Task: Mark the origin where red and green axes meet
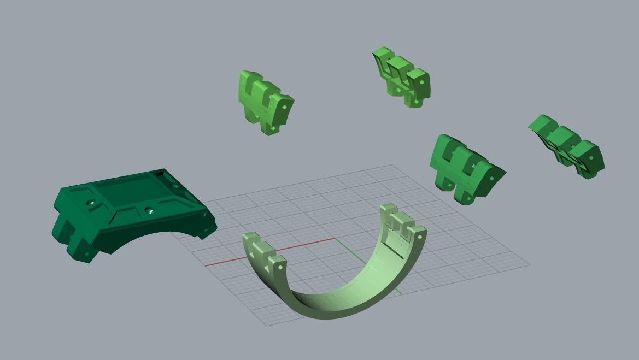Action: pyautogui.click(x=335, y=239)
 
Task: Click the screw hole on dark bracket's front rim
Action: pyautogui.click(x=148, y=210)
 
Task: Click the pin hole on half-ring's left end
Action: pyautogui.click(x=277, y=268)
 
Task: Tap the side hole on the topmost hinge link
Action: pyautogui.click(x=422, y=82)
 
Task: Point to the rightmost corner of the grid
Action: pyautogui.click(x=529, y=265)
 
